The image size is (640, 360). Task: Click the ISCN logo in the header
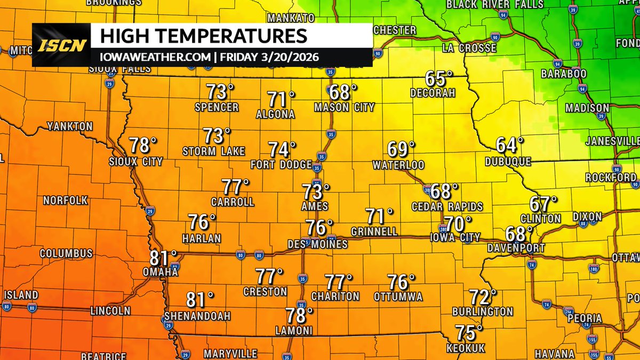click(x=61, y=45)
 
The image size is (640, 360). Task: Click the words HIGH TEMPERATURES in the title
click(x=204, y=37)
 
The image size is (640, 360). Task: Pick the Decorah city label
click(x=433, y=93)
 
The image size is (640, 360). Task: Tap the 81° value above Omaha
click(x=163, y=258)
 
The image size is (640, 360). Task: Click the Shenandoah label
click(x=197, y=316)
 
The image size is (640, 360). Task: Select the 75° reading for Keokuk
click(x=468, y=333)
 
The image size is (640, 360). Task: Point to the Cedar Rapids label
click(x=440, y=206)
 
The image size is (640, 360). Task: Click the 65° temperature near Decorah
click(x=438, y=78)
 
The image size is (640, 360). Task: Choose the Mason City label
click(x=344, y=107)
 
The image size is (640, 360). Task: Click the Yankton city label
click(x=70, y=127)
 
